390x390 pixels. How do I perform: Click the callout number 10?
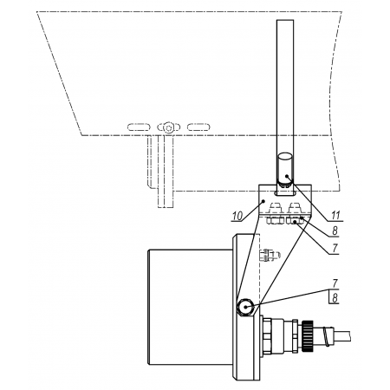click(237, 216)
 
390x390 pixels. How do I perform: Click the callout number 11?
click(335, 216)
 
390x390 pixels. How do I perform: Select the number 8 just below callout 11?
click(335, 231)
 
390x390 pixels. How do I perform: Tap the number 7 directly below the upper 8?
click(335, 248)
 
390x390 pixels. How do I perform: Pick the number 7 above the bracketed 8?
click(335, 283)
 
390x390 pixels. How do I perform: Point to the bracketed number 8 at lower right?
click(335, 298)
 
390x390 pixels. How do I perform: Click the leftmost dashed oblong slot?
click(139, 127)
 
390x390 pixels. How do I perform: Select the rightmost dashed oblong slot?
click(198, 127)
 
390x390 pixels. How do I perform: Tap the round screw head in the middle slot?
click(168, 127)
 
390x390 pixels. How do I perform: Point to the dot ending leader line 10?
click(263, 200)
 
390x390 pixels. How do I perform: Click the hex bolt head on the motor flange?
click(245, 307)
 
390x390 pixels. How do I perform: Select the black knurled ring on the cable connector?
click(308, 335)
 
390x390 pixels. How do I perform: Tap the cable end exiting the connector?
click(342, 335)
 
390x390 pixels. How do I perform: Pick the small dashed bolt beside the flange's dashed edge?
click(270, 255)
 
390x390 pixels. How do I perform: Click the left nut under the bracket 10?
click(275, 221)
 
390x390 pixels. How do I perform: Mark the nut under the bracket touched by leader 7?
click(294, 221)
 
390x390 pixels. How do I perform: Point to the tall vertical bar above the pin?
click(285, 87)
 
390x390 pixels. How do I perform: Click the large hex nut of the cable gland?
click(266, 335)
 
